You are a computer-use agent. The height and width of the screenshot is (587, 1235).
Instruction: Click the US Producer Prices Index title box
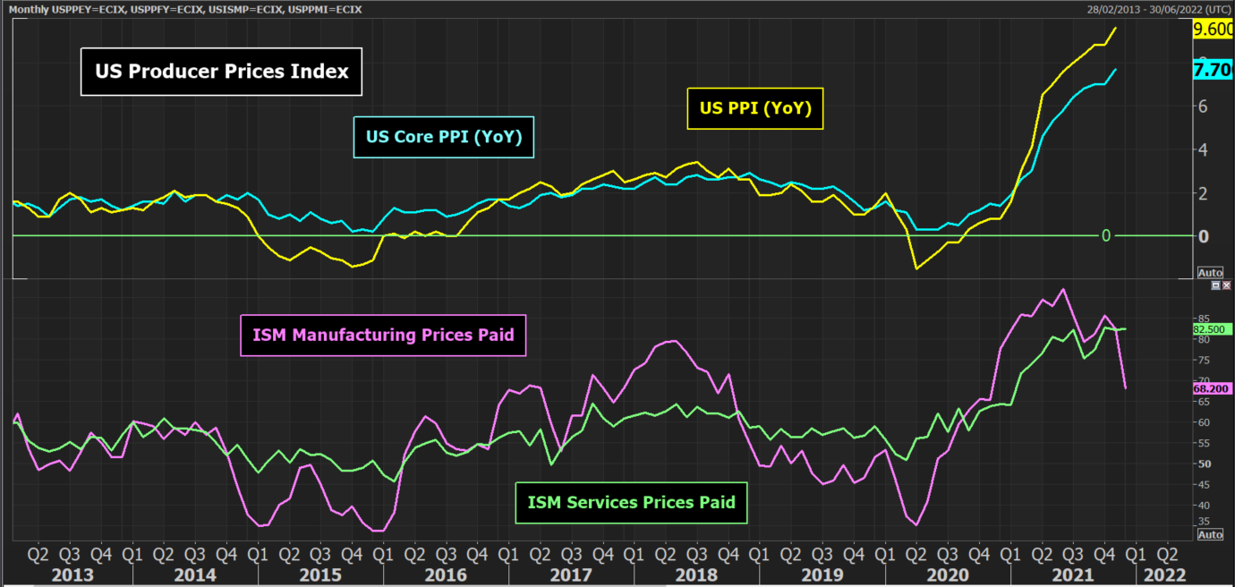pyautogui.click(x=221, y=72)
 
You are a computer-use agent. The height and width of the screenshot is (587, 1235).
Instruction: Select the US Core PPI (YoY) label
pyautogui.click(x=444, y=137)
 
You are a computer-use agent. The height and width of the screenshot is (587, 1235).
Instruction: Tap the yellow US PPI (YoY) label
pyautogui.click(x=754, y=108)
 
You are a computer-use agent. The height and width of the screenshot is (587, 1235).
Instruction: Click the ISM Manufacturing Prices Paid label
pyautogui.click(x=384, y=336)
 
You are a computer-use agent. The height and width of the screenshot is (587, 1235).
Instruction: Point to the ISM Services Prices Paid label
pyautogui.click(x=632, y=502)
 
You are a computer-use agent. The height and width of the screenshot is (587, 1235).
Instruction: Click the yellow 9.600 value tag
pyautogui.click(x=1214, y=29)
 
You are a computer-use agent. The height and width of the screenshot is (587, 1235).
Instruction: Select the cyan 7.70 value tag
pyautogui.click(x=1214, y=70)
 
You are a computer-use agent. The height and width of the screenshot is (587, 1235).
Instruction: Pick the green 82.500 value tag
pyautogui.click(x=1213, y=329)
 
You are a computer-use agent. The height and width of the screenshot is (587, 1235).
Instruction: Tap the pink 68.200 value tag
pyautogui.click(x=1213, y=389)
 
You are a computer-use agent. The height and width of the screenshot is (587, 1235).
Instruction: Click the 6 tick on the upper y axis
pyautogui.click(x=1204, y=106)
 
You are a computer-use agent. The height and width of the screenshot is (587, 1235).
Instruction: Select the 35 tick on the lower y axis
pyautogui.click(x=1203, y=521)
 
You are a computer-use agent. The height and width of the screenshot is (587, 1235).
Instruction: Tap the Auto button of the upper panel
pyautogui.click(x=1209, y=272)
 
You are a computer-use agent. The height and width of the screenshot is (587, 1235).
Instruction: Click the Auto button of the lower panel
pyautogui.click(x=1209, y=534)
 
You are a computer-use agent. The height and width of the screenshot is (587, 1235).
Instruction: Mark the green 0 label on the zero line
pyautogui.click(x=1106, y=235)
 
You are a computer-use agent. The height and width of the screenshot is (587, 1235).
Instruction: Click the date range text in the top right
pyautogui.click(x=1157, y=8)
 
